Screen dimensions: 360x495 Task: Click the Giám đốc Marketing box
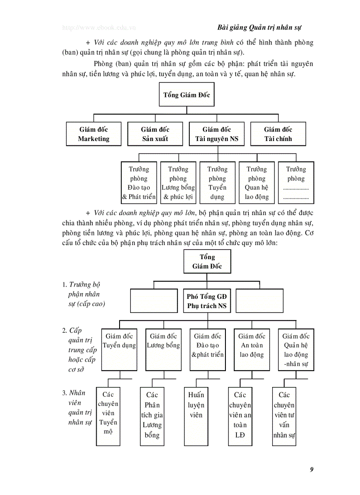pyautogui.click(x=94, y=134)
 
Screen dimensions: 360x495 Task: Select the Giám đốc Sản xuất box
pyautogui.click(x=155, y=134)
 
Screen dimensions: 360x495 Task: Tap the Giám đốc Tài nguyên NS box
pyautogui.click(x=217, y=134)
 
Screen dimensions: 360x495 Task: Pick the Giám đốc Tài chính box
pyautogui.click(x=278, y=134)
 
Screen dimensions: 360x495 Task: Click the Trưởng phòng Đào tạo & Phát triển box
pyautogui.click(x=139, y=183)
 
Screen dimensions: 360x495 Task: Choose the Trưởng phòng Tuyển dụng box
pyautogui.click(x=217, y=183)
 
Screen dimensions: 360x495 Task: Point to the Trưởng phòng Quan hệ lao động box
pyautogui.click(x=257, y=183)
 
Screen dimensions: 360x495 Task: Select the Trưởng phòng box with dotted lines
pyautogui.click(x=296, y=183)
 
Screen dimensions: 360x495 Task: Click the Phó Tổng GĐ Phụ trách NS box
pyautogui.click(x=207, y=301)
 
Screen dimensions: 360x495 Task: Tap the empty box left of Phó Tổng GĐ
pyautogui.click(x=154, y=301)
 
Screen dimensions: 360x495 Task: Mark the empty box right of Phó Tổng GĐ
pyautogui.click(x=259, y=301)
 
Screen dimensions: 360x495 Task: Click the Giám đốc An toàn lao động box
pyautogui.click(x=251, y=350)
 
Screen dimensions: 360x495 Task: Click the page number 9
pyautogui.click(x=311, y=469)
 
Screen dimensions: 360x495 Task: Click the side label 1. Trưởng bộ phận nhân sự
pyautogui.click(x=84, y=294)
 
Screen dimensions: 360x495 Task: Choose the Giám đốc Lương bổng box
pyautogui.click(x=163, y=350)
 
